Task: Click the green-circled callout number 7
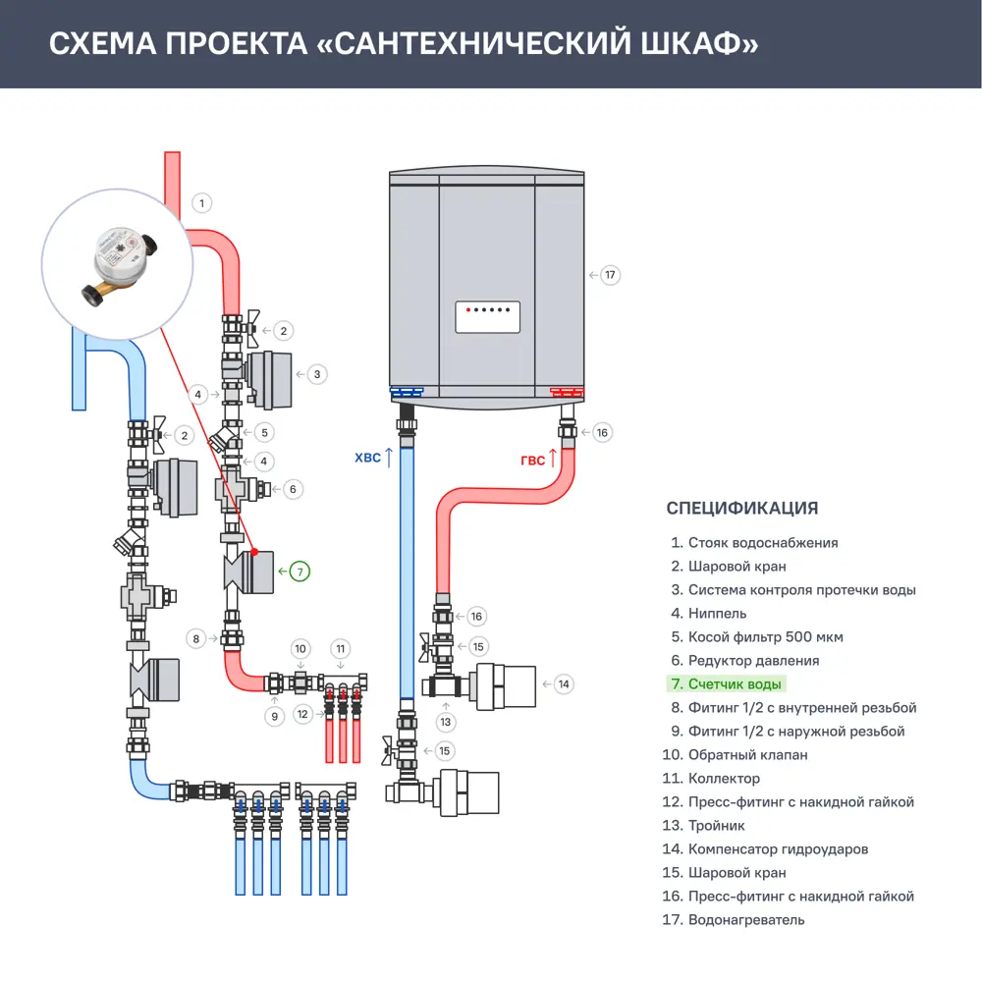pos(300,570)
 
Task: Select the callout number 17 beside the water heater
pos(610,275)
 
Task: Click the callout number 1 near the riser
pos(201,203)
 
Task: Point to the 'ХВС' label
pos(367,458)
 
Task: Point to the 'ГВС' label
pos(532,460)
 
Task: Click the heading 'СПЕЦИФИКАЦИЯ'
pos(741,508)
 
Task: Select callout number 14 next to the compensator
pos(563,683)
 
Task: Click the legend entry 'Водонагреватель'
pos(746,920)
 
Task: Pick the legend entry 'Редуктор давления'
pos(753,661)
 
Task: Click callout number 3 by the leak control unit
pos(316,374)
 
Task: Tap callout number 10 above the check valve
pos(301,648)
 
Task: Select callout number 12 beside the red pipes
pos(302,714)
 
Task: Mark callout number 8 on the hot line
pos(196,638)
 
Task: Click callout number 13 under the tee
pos(447,722)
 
